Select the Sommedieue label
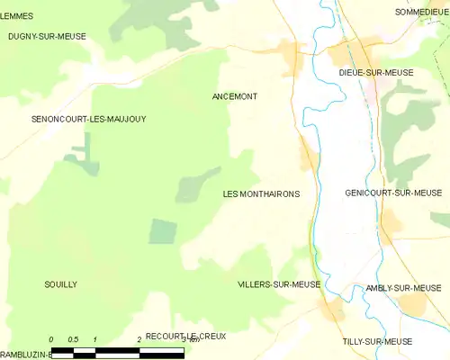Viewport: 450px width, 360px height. (x=421, y=12)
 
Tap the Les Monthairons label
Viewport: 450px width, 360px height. (x=260, y=193)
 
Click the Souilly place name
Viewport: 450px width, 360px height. (x=60, y=284)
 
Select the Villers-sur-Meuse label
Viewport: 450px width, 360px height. (x=279, y=284)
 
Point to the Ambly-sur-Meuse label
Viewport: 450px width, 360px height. (x=403, y=288)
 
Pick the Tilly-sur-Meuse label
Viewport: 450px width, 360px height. (x=377, y=342)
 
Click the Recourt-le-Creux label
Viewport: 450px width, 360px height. (x=185, y=336)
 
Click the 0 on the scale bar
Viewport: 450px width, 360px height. (x=52, y=339)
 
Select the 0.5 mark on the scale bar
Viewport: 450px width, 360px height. (x=72, y=339)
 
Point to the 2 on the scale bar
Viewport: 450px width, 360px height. (x=139, y=339)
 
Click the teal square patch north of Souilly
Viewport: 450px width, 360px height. (x=163, y=231)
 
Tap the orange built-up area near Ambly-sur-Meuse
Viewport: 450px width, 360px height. (x=413, y=306)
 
